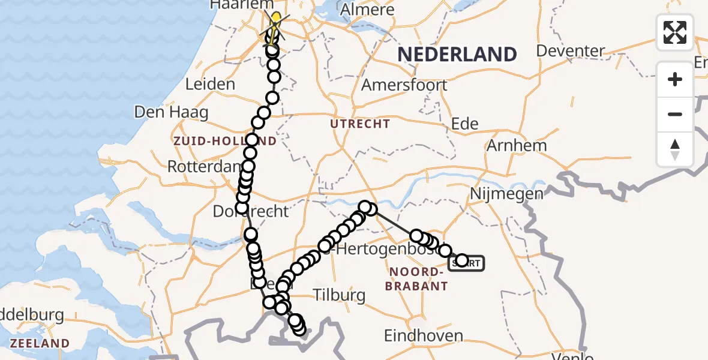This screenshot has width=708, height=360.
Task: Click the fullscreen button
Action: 675,32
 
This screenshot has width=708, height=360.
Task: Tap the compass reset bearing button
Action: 675,149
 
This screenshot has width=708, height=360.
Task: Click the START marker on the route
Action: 466,263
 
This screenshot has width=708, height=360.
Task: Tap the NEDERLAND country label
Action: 457,55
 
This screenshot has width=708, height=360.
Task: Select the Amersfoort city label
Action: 404,85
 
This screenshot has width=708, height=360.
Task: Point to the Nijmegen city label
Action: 498,193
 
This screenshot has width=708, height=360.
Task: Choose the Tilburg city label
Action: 339,295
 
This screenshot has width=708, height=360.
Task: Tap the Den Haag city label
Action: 171,112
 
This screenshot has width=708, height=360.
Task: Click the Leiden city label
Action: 210,84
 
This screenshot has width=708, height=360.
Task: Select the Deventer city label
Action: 570,50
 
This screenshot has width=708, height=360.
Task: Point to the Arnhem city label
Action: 517,145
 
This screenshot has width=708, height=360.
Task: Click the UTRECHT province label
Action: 360,124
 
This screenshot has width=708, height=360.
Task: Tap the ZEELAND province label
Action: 40,344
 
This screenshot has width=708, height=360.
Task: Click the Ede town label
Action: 464,124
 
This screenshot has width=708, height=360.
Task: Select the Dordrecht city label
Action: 251,211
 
